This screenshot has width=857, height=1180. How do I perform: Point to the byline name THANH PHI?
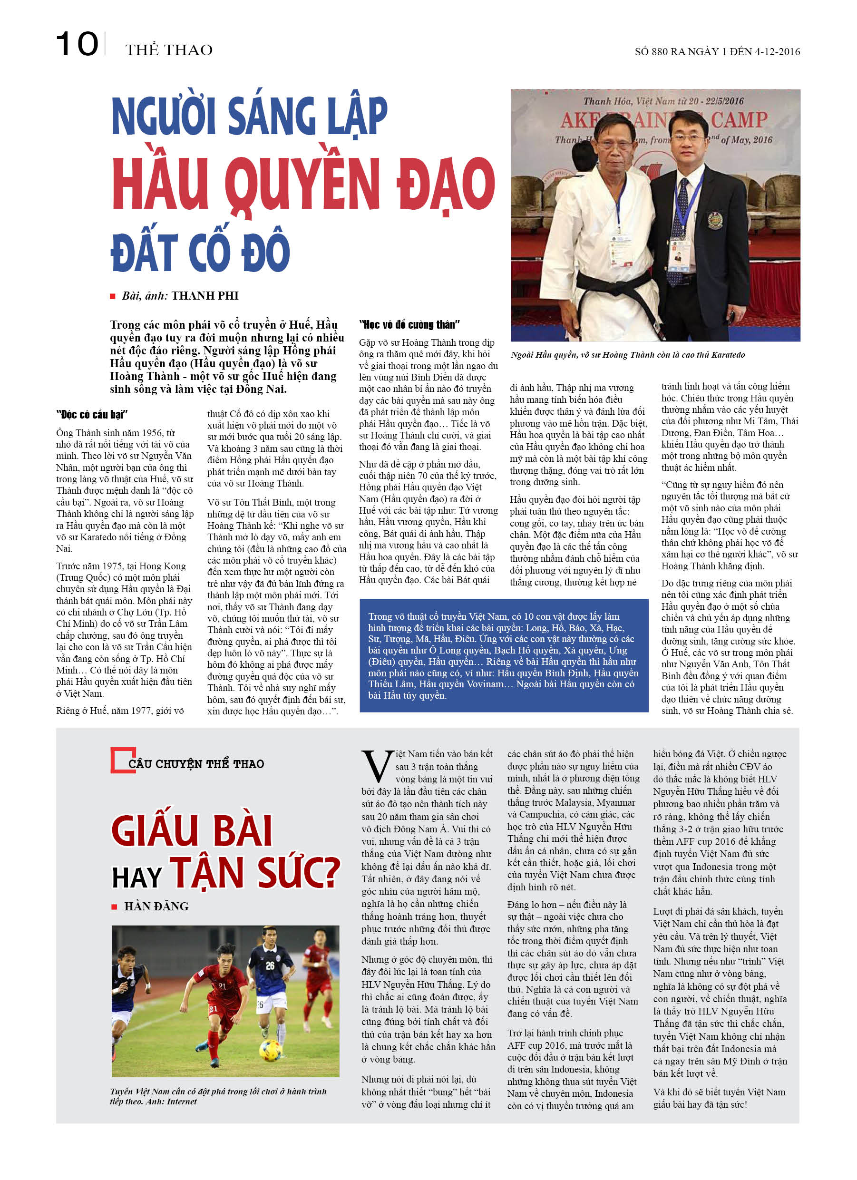205,295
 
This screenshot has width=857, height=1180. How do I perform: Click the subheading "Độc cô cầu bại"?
92,414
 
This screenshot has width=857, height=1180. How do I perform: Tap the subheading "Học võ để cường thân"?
409,325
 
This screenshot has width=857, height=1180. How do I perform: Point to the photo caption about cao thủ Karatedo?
627,355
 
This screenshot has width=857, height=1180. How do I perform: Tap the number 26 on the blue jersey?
270,965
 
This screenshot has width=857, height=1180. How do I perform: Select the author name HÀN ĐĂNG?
156,907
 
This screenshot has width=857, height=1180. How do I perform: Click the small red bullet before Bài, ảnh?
112,296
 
